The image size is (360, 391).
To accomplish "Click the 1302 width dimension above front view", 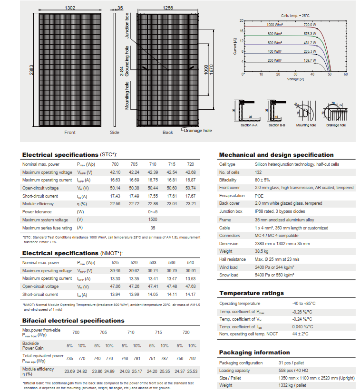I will coord(70,8).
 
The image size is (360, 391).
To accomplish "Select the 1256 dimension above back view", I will coord(167,8).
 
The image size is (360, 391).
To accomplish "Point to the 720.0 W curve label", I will coord(310,24).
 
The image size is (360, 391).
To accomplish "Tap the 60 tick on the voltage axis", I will coord(346,75).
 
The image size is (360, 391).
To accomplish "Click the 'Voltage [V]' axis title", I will coord(296,79).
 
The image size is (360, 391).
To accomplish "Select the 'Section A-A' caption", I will coord(249,125).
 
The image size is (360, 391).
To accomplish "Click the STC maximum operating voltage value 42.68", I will coord(190,172).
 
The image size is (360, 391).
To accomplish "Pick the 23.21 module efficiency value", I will coord(190,204).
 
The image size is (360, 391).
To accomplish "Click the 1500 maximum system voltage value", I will coord(153,220).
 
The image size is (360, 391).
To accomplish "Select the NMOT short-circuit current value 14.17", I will coord(190,295).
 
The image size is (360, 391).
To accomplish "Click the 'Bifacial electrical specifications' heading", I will coord(73,321).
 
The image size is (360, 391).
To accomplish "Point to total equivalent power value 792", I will coord(192,358).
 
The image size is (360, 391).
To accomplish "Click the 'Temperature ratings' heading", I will coord(251,293).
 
